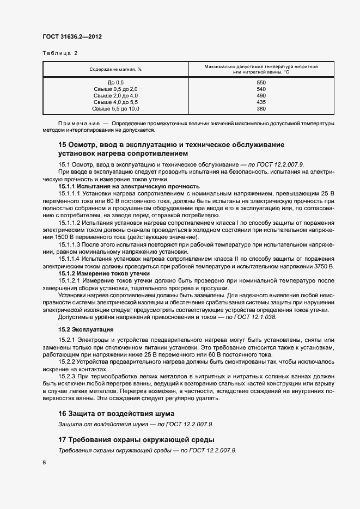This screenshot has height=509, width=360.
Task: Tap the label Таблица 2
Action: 60,53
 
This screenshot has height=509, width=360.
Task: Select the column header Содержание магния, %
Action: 116,70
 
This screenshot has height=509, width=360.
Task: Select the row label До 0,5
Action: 116,82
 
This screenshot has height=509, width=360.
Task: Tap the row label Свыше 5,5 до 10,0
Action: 116,108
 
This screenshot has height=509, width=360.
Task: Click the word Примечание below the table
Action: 78,124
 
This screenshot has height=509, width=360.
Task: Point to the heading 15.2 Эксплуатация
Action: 86,329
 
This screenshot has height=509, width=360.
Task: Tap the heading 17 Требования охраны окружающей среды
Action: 136,439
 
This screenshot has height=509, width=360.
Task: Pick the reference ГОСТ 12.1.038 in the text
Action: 257,316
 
